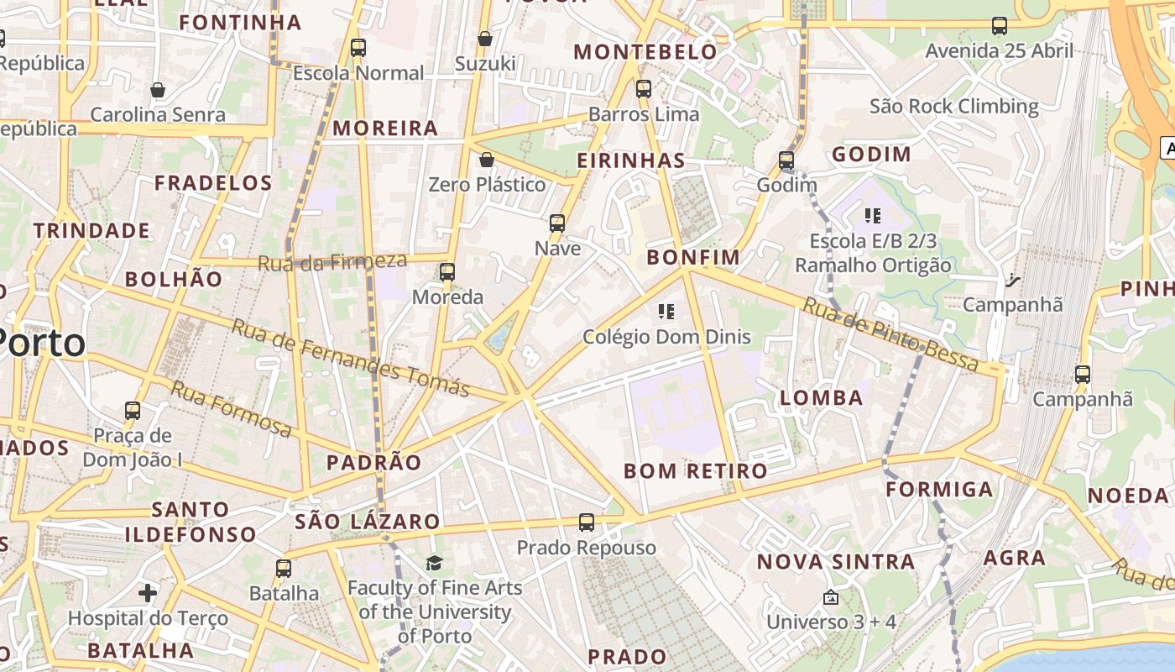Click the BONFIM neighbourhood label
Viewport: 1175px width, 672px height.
[x=693, y=257]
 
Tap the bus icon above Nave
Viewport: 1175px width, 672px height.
[x=557, y=223]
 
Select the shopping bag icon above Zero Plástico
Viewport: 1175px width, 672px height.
[x=487, y=160]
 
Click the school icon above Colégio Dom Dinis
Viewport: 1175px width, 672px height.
[x=666, y=312]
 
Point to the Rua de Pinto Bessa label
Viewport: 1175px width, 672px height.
[x=890, y=334]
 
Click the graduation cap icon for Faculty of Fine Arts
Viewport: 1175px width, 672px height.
[x=434, y=563]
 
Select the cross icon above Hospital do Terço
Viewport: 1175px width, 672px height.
[x=148, y=593]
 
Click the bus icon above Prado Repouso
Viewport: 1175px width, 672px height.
[x=587, y=522]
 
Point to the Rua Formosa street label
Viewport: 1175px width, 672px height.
[x=231, y=408]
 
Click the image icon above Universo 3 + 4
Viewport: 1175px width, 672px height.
[x=830, y=597]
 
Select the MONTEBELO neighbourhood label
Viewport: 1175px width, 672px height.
[x=645, y=52]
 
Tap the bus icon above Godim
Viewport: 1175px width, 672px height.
[x=786, y=160]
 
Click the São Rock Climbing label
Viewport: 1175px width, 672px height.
[x=954, y=107]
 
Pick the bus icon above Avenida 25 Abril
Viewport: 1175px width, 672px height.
[x=999, y=26]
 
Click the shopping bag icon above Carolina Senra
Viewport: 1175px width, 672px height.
[x=158, y=90]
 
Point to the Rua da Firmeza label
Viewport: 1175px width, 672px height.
[x=332, y=261]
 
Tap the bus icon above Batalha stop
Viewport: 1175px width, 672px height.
[x=284, y=568]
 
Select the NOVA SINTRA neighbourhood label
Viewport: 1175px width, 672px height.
[x=836, y=562]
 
